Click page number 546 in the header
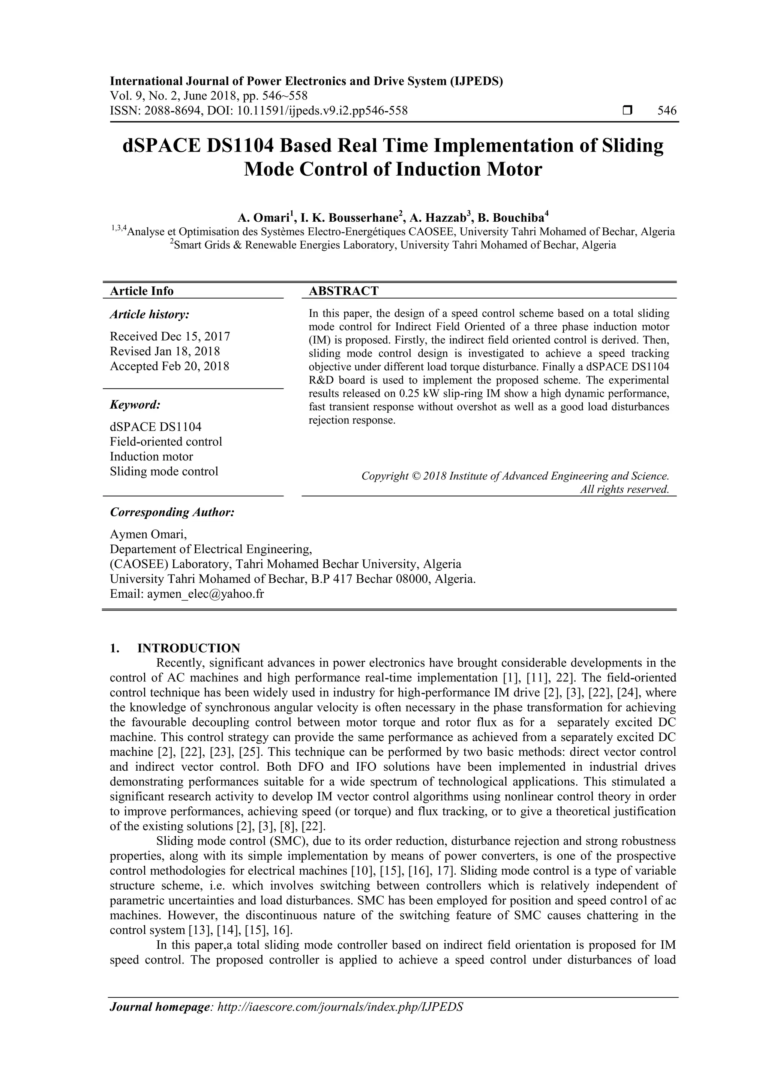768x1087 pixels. coord(667,111)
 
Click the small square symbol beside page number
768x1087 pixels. coord(627,111)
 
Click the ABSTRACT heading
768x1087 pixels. coord(343,291)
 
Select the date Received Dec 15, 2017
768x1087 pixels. coord(170,337)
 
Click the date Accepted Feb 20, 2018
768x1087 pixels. coord(169,366)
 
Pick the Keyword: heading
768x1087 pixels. coord(135,405)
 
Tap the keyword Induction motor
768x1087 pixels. coord(151,456)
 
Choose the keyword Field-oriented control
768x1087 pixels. coord(166,442)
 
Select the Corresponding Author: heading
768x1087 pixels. coord(172,512)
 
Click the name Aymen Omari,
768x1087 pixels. coord(148,535)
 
